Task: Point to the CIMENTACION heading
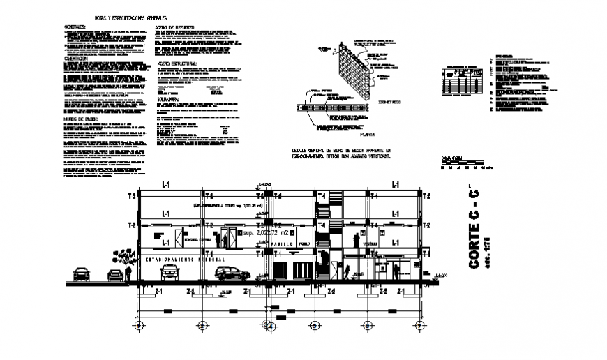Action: pos(76,59)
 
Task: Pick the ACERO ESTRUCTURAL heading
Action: pos(179,63)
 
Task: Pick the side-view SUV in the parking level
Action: pos(230,273)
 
